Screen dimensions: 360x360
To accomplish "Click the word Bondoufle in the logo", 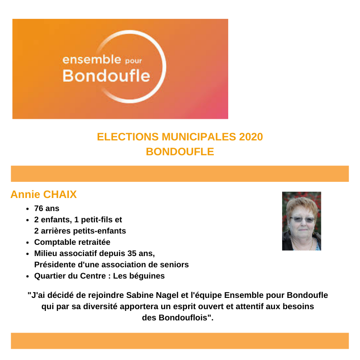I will (x=106, y=75).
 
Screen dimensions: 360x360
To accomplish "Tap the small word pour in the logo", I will (x=133, y=61).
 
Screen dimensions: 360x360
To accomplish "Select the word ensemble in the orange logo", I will (x=92, y=59).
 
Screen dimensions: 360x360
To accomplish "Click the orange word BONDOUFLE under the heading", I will (x=180, y=152).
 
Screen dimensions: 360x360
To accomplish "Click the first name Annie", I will (x=25, y=194).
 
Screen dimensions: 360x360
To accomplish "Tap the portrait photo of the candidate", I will (x=301, y=221).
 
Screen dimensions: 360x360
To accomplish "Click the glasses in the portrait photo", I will (x=302, y=219).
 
